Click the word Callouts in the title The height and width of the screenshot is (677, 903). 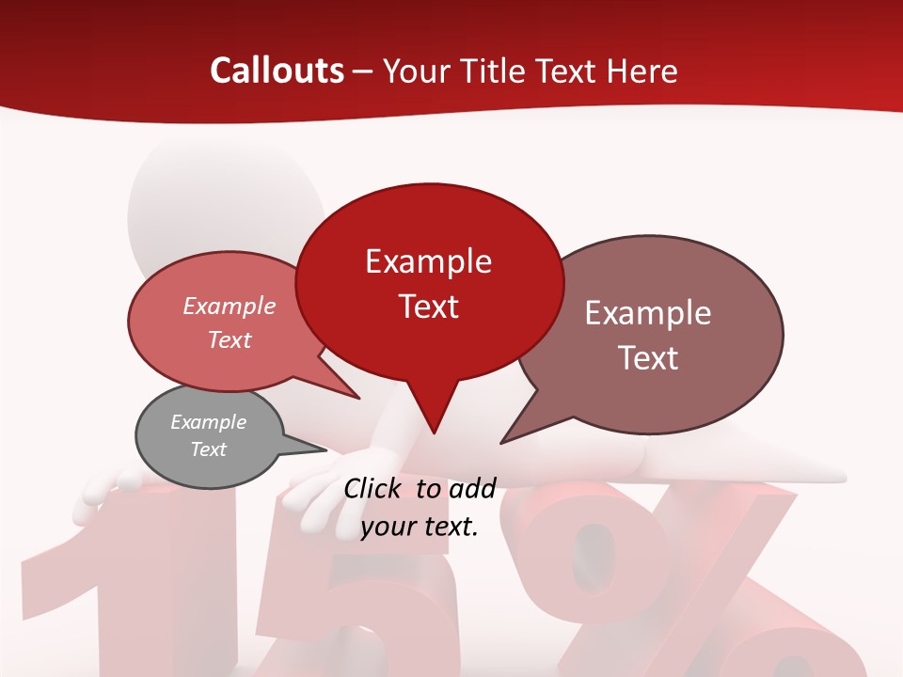point(277,71)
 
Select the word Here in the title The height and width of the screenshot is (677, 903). point(642,71)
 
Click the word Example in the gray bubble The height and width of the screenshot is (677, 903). point(208,422)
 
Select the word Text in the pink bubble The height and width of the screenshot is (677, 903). point(230,339)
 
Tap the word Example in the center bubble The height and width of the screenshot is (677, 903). point(428,261)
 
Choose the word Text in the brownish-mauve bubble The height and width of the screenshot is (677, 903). point(649,358)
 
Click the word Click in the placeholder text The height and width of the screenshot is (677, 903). point(374,488)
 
